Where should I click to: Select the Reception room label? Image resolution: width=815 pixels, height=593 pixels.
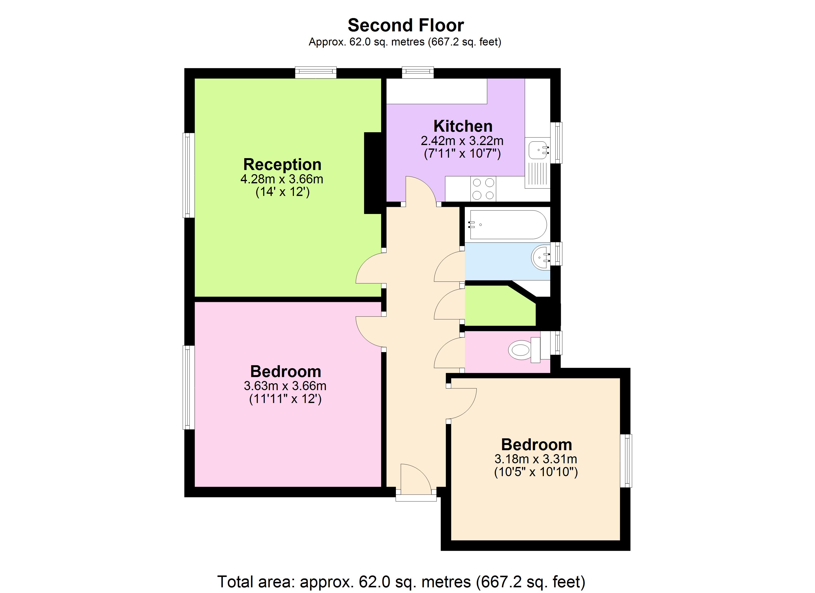click(282, 164)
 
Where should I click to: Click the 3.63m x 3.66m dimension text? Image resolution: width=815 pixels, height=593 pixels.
click(285, 386)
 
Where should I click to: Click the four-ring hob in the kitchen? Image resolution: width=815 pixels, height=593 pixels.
click(483, 189)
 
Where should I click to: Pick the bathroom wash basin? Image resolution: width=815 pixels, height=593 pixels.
click(541, 257)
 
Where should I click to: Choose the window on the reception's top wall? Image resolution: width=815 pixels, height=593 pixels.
click(316, 72)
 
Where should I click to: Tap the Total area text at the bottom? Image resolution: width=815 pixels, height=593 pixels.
click(401, 581)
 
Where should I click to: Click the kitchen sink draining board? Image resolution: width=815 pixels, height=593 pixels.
click(537, 175)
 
